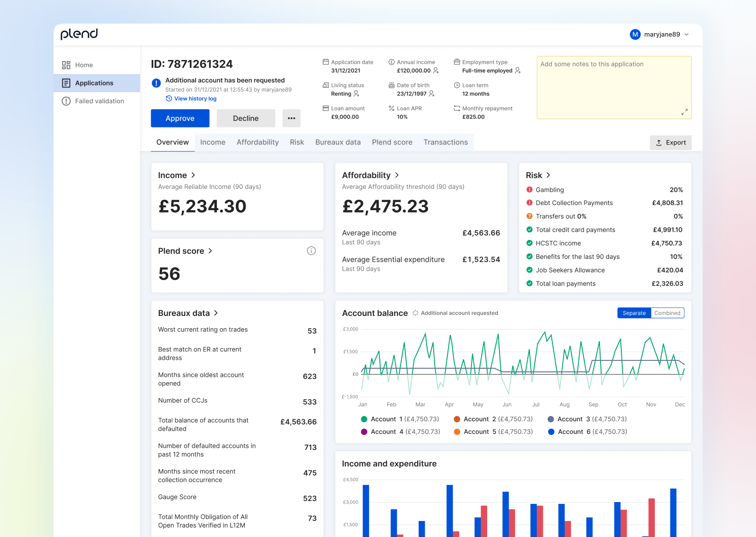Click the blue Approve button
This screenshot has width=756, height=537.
[x=180, y=118]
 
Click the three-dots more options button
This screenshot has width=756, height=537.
[x=292, y=118]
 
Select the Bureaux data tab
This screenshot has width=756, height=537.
[x=338, y=142]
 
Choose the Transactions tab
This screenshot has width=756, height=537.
[x=446, y=142]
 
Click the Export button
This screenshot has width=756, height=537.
[x=670, y=143]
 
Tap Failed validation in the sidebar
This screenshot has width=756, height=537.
[x=99, y=101]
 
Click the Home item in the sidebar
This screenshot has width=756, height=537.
[x=84, y=65]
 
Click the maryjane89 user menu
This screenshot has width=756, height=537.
[x=660, y=34]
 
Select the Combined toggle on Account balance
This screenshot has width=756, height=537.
[x=667, y=313]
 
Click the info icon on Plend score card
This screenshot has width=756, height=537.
[x=311, y=251]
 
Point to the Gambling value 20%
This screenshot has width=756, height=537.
[x=676, y=190]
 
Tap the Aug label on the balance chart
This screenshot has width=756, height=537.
[x=564, y=405]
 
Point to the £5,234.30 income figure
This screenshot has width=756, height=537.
[x=202, y=206]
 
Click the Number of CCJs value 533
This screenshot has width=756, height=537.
[x=309, y=402]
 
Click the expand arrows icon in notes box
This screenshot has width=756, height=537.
[x=684, y=112]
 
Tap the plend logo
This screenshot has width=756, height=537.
[x=79, y=34]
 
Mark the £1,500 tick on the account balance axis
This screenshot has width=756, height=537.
[x=350, y=352]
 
